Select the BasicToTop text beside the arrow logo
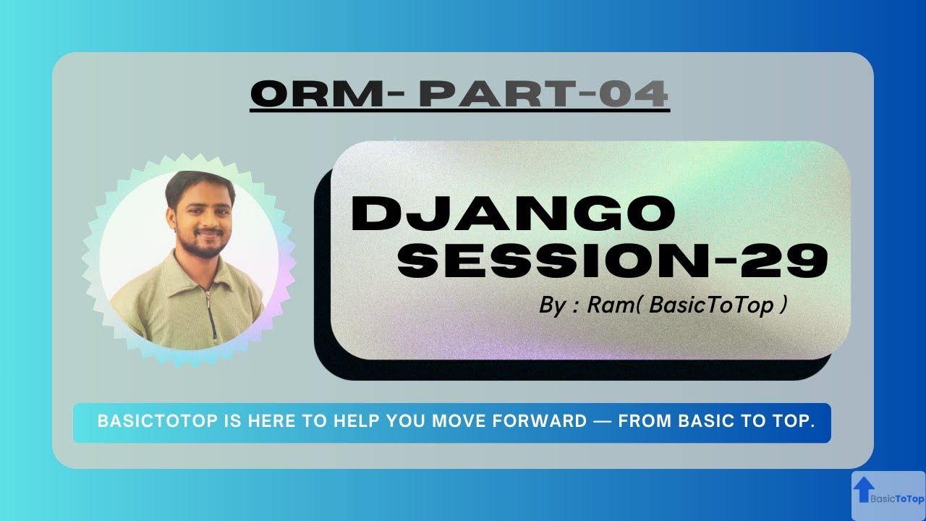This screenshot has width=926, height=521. [897, 499]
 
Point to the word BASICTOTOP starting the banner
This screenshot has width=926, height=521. [158, 421]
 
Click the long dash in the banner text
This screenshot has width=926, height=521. [602, 421]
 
